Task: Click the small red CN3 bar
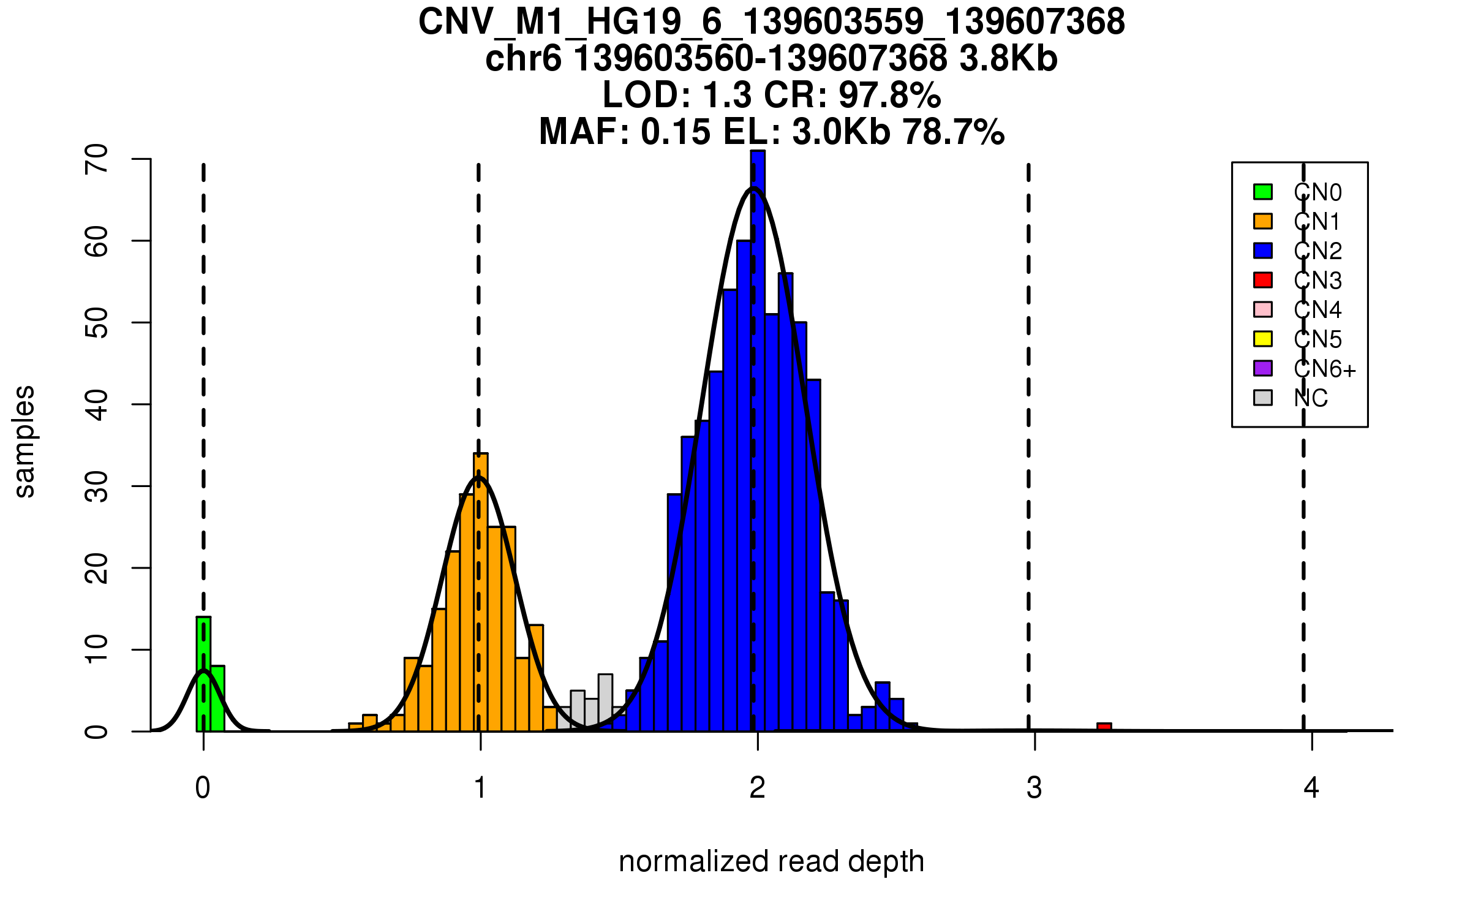point(1104,727)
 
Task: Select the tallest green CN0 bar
point(203,674)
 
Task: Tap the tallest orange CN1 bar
point(481,591)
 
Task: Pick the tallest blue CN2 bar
point(758,441)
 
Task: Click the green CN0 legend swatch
point(1263,192)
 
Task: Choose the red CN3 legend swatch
point(1263,280)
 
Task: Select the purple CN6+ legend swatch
point(1263,368)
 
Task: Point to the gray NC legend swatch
point(1263,398)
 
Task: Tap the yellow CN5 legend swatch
point(1263,339)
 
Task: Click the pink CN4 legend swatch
point(1263,309)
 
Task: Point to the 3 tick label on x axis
point(1035,788)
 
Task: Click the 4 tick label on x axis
point(1311,788)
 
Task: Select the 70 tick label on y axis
point(97,159)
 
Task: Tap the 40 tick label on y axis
point(97,404)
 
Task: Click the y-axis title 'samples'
point(24,441)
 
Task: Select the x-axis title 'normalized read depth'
point(771,861)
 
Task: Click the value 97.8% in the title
point(889,95)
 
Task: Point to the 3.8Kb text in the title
point(1008,59)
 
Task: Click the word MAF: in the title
point(584,132)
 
